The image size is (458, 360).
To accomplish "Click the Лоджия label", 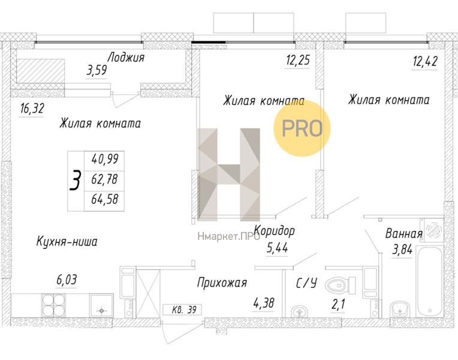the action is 126,58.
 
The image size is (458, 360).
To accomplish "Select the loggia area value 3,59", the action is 97,70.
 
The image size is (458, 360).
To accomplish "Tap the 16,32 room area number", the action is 32,109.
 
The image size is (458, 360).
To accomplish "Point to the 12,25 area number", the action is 298,60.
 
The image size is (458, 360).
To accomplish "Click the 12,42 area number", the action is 425,61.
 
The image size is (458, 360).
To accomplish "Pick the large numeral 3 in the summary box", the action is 76,181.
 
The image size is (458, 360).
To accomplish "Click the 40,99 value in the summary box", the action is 105,159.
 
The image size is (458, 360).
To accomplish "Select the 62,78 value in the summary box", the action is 104,179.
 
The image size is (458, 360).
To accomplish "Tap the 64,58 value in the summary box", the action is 104,199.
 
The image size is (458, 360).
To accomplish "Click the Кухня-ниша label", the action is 67,242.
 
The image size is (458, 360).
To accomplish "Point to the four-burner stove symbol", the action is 54,304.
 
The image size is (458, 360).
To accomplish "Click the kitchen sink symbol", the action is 101,305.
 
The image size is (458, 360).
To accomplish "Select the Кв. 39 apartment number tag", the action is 182,310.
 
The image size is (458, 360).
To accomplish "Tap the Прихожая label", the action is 222,283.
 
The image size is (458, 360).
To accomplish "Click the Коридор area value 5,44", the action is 277,248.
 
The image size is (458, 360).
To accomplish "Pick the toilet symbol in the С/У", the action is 340,285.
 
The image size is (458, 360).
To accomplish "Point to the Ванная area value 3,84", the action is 402,250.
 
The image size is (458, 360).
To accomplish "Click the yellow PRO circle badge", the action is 302,128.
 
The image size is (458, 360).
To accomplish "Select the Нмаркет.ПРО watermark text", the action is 228,236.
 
